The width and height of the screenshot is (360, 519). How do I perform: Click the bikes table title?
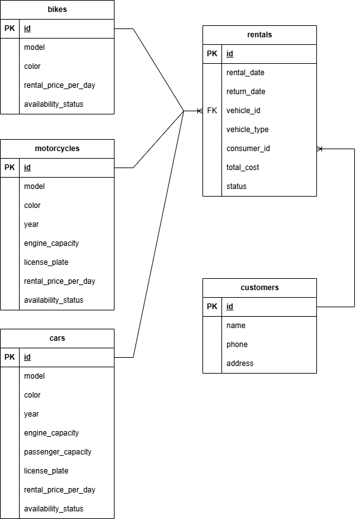pyautogui.click(x=57, y=9)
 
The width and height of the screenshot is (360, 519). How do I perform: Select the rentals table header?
pyautogui.click(x=259, y=35)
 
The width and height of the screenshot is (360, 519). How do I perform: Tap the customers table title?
pyautogui.click(x=259, y=288)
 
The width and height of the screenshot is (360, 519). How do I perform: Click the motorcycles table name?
pyautogui.click(x=57, y=149)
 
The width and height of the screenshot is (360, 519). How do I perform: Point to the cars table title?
pyautogui.click(x=57, y=338)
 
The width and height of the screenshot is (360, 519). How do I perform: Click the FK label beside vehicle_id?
pyautogui.click(x=212, y=111)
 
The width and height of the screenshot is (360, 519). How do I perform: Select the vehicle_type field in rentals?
pyautogui.click(x=247, y=130)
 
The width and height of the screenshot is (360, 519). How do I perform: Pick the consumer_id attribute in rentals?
pyautogui.click(x=248, y=149)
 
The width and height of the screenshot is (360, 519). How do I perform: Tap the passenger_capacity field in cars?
pyautogui.click(x=58, y=452)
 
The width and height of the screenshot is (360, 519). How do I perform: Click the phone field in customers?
pyautogui.click(x=237, y=345)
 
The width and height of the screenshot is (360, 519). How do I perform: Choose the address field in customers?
pyautogui.click(x=240, y=363)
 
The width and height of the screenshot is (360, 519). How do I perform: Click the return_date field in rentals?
pyautogui.click(x=245, y=92)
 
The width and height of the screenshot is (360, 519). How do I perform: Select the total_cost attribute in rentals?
pyautogui.click(x=243, y=168)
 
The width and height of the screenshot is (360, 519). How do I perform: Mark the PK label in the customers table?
pyautogui.click(x=212, y=307)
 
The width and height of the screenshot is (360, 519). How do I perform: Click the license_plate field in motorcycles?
pyautogui.click(x=46, y=262)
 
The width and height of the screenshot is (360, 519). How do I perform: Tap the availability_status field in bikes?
pyautogui.click(x=53, y=104)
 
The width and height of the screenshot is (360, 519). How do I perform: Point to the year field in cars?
pyautogui.click(x=31, y=414)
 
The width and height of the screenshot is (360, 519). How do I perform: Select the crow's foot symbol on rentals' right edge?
pyautogui.click(x=320, y=149)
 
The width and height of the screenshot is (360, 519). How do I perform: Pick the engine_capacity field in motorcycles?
pyautogui.click(x=51, y=243)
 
